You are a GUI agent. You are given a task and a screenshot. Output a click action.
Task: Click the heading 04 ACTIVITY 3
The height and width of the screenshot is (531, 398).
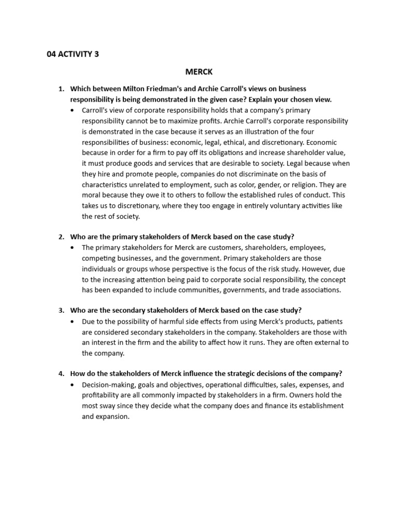[73, 54]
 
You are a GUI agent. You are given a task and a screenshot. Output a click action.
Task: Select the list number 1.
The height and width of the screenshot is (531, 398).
[61, 89]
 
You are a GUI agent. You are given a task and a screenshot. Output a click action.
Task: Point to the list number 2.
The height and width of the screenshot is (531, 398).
[61, 237]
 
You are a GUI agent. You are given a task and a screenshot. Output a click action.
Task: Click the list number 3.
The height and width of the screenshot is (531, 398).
[61, 311]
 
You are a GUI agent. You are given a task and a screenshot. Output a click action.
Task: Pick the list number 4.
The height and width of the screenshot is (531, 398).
[61, 374]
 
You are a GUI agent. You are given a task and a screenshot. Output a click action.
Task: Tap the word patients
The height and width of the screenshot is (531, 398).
[328, 322]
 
